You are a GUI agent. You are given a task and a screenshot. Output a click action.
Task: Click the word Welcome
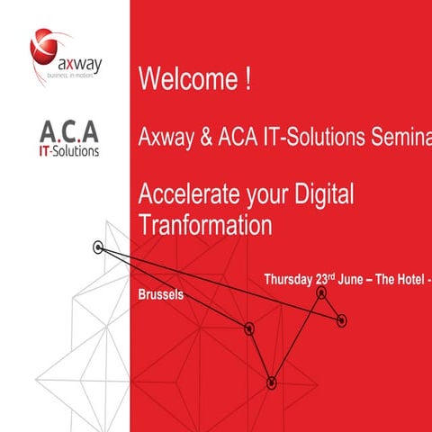pyautogui.click(x=185, y=80)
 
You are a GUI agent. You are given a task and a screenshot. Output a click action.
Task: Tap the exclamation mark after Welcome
pyautogui.click(x=246, y=80)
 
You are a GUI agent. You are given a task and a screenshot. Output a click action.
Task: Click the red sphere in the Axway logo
pyautogui.click(x=47, y=46)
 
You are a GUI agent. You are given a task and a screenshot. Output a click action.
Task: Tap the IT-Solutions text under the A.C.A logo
pyautogui.click(x=70, y=150)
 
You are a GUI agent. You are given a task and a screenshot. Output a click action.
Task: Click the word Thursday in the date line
pyautogui.click(x=288, y=279)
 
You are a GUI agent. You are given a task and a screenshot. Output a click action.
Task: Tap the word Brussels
pyautogui.click(x=161, y=294)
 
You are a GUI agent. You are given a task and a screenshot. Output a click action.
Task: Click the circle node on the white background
pyautogui.click(x=98, y=247)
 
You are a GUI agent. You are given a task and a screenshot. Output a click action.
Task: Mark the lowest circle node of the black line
pyautogui.click(x=271, y=382)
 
